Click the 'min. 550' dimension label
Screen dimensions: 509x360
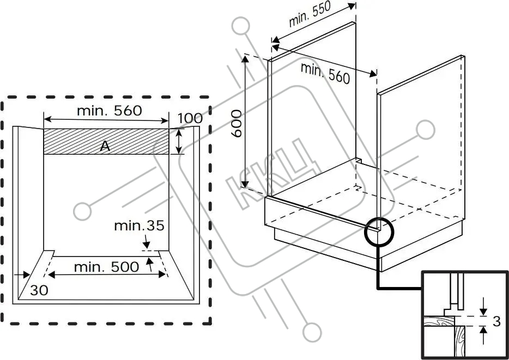tap(310, 14)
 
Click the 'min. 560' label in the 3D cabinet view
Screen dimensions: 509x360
tap(325, 73)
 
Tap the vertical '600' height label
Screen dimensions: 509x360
tap(237, 124)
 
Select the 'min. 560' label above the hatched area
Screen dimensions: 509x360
tap(110, 111)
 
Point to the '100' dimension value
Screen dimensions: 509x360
tap(190, 118)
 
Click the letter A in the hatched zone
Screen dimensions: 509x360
tap(105, 147)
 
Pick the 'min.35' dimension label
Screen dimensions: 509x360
tap(140, 225)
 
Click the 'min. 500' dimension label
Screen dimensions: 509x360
tap(106, 267)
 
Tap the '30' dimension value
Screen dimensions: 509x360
tap(39, 290)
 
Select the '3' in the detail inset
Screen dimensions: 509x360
tap(496, 321)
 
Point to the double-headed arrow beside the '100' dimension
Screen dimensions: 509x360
tap(179, 141)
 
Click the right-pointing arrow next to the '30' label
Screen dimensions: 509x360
tap(22, 275)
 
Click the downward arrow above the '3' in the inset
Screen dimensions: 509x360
tap(483, 307)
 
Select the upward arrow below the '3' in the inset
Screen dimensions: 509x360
tap(483, 335)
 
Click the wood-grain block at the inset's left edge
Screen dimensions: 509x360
tap(438, 321)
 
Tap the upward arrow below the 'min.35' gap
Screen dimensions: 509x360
tap(149, 264)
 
